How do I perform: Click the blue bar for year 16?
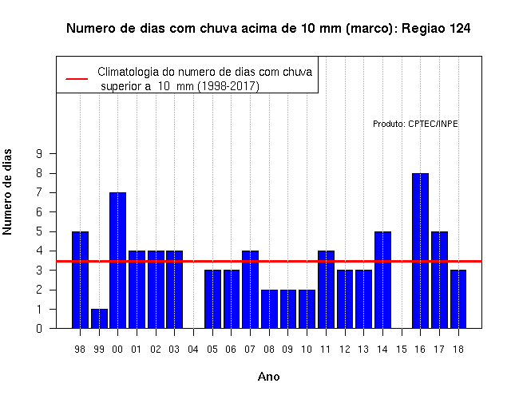pos(420,251)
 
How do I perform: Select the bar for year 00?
pos(118,260)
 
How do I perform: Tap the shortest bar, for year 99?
pos(99,318)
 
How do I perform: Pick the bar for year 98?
pos(80,280)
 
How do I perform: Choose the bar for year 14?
pos(382,280)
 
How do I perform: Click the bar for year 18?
pos(458,299)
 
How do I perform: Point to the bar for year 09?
pos(288,309)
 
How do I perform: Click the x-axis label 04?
pos(193,350)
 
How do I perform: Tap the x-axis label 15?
pos(402,350)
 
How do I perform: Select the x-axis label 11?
pos(326,350)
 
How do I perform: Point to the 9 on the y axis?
pos(39,153)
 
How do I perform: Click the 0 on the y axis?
pos(39,328)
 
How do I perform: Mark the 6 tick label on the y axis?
pos(39,212)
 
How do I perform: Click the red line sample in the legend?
pos(77,79)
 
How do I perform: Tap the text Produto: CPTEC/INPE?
pos(415,124)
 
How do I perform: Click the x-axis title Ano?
pos(268,377)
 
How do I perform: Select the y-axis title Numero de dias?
pos(7,192)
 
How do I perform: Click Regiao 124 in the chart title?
pos(436,29)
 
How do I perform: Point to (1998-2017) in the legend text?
pos(229,86)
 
